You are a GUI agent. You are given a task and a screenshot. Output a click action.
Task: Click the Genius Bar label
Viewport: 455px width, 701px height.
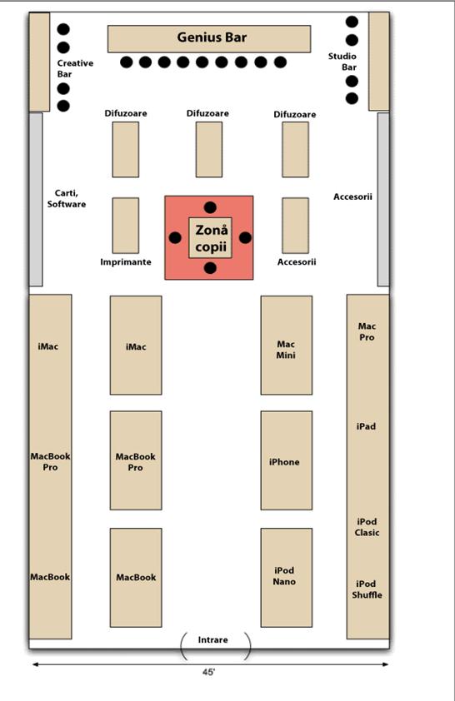tap(212, 37)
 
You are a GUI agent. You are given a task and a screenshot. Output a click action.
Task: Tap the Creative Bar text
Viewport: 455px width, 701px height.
tap(75, 68)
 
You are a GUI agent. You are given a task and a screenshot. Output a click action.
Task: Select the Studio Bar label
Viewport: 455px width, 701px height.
tap(342, 62)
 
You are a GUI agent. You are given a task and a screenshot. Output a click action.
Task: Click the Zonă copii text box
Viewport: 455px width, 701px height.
tap(210, 238)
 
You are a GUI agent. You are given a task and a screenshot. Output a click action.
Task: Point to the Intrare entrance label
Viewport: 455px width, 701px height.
tap(212, 639)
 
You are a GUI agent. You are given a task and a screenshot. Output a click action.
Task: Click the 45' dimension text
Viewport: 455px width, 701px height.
tap(208, 672)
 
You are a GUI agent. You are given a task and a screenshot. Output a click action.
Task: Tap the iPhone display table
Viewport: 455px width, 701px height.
tap(287, 460)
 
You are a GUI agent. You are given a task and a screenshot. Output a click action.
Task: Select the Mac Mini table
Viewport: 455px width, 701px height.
tap(287, 346)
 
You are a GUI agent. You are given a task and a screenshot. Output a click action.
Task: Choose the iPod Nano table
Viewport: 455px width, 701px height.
tap(287, 578)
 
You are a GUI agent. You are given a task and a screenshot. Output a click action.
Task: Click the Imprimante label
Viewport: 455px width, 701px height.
tap(126, 262)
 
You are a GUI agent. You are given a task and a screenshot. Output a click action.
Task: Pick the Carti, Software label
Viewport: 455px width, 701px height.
tap(67, 198)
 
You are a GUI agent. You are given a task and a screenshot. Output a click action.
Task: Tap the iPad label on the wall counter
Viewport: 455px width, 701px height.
tap(366, 426)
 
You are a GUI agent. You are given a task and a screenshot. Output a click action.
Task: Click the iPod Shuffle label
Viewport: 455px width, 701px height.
tap(367, 589)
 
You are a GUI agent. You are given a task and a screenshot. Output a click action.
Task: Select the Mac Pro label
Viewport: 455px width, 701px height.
tap(367, 331)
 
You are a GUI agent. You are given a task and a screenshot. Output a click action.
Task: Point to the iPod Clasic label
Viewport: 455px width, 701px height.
tap(367, 527)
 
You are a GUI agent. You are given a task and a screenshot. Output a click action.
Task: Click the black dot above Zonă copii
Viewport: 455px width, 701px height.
tap(210, 207)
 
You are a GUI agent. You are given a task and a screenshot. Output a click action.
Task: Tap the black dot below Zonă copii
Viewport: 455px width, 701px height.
tap(210, 268)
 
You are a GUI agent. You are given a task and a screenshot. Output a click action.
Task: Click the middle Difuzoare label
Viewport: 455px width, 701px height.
tap(207, 113)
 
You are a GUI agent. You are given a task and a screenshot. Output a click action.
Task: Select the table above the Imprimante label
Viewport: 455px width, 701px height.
tap(126, 226)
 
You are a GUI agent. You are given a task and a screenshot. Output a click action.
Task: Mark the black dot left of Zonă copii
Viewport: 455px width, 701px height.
tap(175, 238)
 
